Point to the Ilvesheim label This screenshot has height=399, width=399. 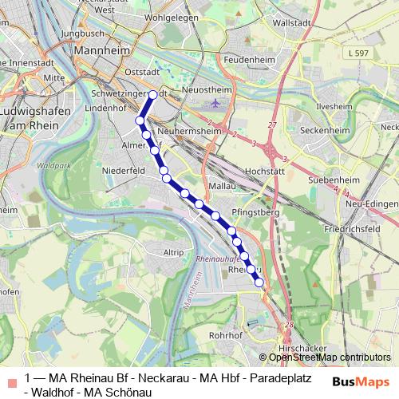tap(334, 105)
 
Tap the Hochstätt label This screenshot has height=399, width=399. tap(265, 170)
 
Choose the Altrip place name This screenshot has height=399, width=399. tap(172, 251)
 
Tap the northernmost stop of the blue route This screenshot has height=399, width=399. tap(152, 94)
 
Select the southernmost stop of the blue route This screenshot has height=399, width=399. tap(259, 282)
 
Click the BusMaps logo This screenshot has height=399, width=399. tap(360, 381)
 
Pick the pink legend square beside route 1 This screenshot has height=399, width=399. tap(10, 378)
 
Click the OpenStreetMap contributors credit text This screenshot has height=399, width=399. tap(328, 358)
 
